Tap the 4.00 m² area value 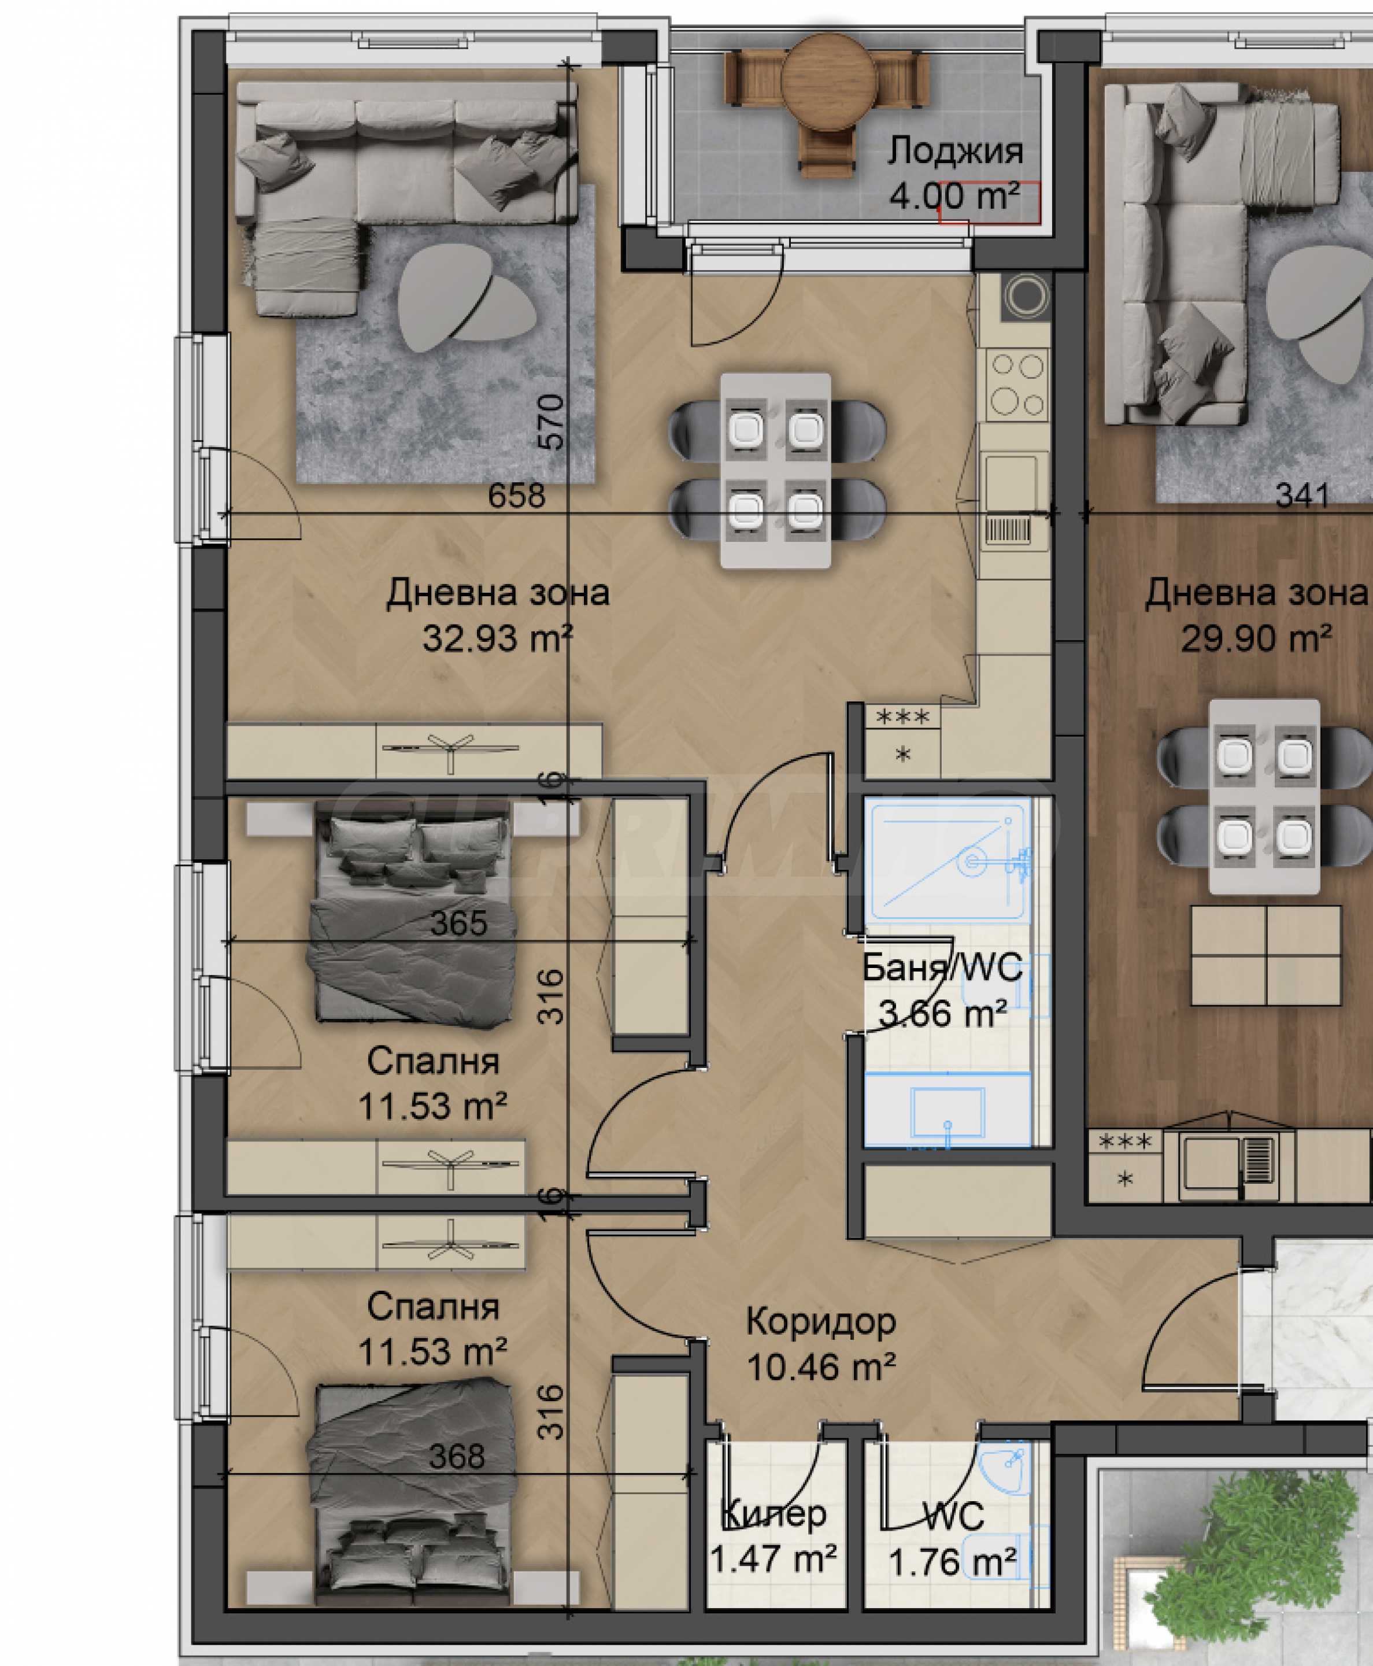(x=954, y=195)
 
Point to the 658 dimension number (x=516, y=496)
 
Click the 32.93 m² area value (x=498, y=638)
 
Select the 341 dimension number (x=1302, y=496)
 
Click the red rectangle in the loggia (x=989, y=204)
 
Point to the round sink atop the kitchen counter (x=1027, y=297)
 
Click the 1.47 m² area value (x=774, y=1558)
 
